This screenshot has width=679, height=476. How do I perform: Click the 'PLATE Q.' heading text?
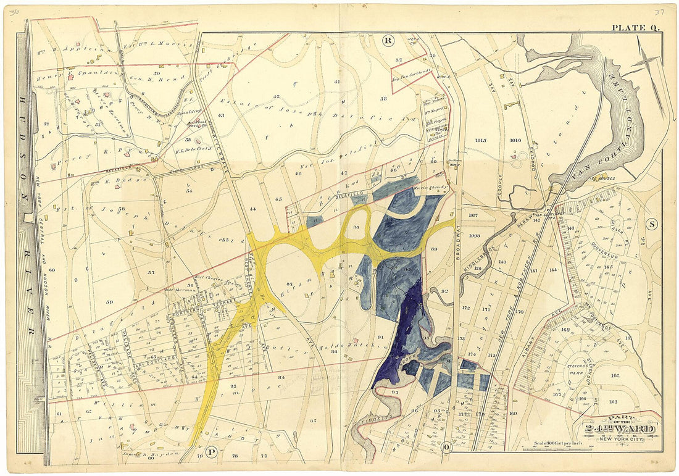(x=636, y=27)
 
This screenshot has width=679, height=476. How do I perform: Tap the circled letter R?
(x=388, y=41)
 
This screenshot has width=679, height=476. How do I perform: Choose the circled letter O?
(x=446, y=446)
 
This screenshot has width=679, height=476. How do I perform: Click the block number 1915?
(x=481, y=140)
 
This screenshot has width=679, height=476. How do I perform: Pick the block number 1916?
(x=516, y=140)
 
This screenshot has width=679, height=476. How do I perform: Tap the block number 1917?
(x=474, y=215)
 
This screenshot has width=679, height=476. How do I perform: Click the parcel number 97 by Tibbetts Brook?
(x=394, y=392)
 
